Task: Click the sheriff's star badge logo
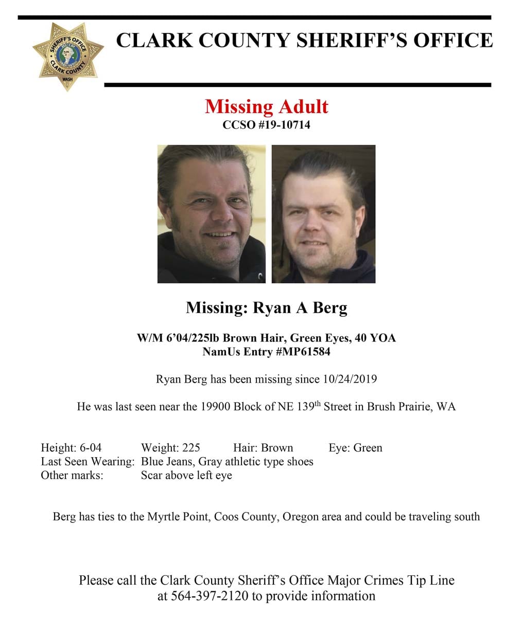tap(67, 56)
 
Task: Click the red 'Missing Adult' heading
tap(266, 106)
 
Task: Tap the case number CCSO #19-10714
tap(266, 124)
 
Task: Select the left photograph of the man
tap(212, 214)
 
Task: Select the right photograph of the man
tap(323, 214)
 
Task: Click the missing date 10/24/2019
tap(350, 379)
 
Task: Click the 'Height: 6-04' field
tap(71, 448)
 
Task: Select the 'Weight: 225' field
tap(170, 448)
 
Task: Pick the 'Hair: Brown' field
tap(263, 448)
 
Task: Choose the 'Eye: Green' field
tap(355, 448)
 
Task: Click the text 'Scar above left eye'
tap(186, 475)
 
